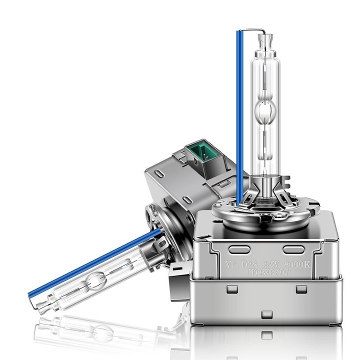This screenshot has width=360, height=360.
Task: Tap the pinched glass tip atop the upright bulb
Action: [x=264, y=39]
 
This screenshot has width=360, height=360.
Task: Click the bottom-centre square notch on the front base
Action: [x=267, y=314]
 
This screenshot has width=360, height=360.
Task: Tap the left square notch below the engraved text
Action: [x=231, y=289]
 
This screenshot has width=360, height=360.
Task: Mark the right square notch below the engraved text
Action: [x=301, y=289]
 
